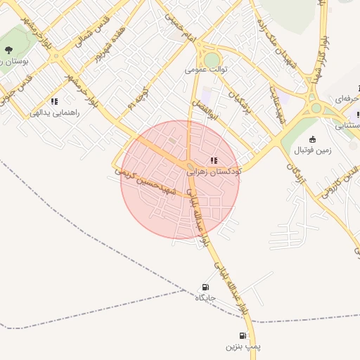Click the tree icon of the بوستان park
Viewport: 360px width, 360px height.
pyautogui.click(x=8, y=49)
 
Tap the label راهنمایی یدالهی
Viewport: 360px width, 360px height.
pyautogui.click(x=55, y=112)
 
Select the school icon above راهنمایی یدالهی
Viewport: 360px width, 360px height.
pyautogui.click(x=54, y=101)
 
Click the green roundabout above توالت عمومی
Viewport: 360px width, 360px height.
pyautogui.click(x=212, y=60)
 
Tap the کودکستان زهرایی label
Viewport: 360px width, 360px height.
pyautogui.click(x=214, y=171)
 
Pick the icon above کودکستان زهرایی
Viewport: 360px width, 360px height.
pyautogui.click(x=214, y=160)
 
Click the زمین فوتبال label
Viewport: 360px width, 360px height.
pyautogui.click(x=330, y=150)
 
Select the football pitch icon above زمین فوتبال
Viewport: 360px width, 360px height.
pyautogui.click(x=312, y=139)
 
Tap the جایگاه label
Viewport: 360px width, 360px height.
pyautogui.click(x=205, y=297)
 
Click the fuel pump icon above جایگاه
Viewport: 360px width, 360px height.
pyautogui.click(x=205, y=287)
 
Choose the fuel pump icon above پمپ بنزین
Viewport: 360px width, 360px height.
pyautogui.click(x=243, y=336)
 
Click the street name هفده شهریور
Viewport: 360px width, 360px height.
pyautogui.click(x=112, y=45)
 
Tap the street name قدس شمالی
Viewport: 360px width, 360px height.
pyautogui.click(x=89, y=32)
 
